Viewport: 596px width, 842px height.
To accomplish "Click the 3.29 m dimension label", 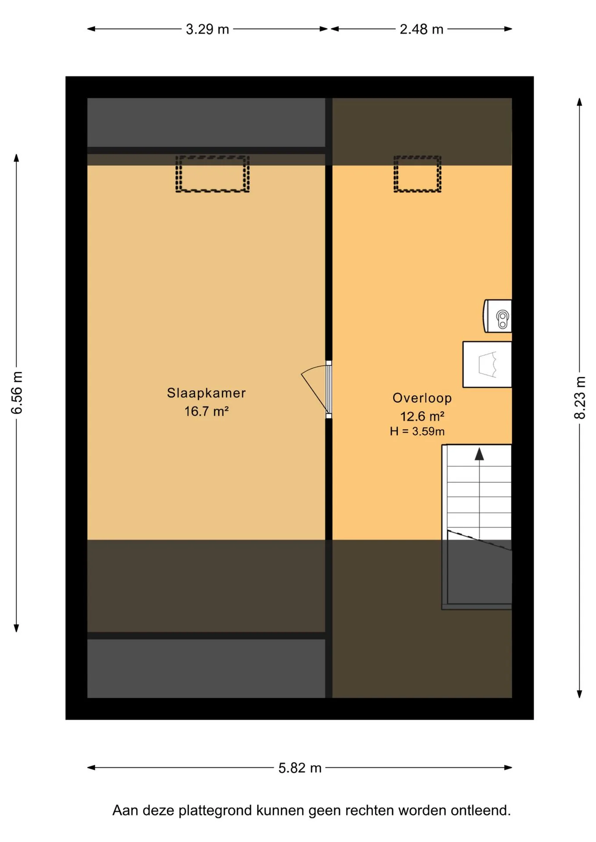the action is click(x=208, y=29).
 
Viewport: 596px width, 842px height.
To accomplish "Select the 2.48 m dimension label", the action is click(x=421, y=29).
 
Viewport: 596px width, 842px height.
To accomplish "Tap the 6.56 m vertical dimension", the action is click(x=17, y=392).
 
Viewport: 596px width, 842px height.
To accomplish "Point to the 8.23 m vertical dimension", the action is click(x=580, y=397).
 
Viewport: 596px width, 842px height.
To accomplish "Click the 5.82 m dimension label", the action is click(x=300, y=768).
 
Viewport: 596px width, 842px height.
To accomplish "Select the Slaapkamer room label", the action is click(x=206, y=393).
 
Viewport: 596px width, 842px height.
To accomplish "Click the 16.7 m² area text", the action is click(x=206, y=411).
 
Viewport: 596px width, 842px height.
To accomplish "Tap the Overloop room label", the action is click(x=422, y=398).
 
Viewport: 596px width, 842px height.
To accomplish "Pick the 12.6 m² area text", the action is click(x=422, y=416).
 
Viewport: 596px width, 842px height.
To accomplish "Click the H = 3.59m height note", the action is click(x=417, y=432).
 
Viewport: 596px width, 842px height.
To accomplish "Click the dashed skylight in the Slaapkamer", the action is click(x=212, y=174).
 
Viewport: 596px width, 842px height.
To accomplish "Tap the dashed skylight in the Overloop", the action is click(x=417, y=174).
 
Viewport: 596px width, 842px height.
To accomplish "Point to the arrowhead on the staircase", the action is click(x=479, y=454).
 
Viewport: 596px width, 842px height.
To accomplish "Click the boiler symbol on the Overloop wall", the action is click(x=498, y=316).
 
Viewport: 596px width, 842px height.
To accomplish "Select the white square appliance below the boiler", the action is click(x=487, y=364).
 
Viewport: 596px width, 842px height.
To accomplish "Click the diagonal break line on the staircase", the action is click(x=479, y=540).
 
